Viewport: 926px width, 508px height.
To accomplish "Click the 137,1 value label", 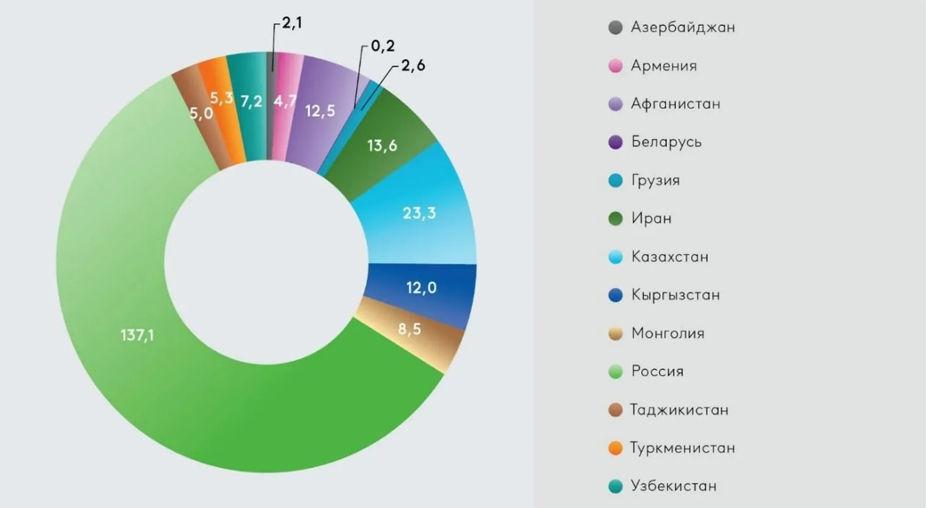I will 137,335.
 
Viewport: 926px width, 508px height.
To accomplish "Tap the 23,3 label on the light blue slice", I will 419,213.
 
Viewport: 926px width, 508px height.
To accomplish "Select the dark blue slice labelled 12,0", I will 422,287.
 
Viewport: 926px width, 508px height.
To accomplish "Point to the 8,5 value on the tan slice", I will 410,329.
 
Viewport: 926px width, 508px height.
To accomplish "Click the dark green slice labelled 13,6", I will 382,145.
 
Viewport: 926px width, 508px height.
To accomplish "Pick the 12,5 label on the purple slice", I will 320,111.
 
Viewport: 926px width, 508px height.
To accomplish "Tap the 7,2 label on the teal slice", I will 251,101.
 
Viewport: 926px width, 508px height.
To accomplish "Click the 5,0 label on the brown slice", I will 201,113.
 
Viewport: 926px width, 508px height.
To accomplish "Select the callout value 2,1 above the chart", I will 292,23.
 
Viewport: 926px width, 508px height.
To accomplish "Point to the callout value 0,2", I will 383,46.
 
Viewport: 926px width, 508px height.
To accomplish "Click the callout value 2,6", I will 413,65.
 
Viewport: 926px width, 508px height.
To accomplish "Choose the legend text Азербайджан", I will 683,28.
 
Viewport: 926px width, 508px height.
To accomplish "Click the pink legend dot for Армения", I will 615,66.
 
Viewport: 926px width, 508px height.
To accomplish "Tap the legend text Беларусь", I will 666,142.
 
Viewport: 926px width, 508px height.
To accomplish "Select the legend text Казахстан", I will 670,257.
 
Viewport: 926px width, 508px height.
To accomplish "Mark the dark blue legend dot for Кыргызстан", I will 615,295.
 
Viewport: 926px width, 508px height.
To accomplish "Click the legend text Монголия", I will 667,333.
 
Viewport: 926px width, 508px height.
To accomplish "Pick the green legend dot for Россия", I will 615,372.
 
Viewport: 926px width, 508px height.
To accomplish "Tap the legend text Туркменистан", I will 682,448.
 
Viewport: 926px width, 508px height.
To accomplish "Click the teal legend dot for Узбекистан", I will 615,486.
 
